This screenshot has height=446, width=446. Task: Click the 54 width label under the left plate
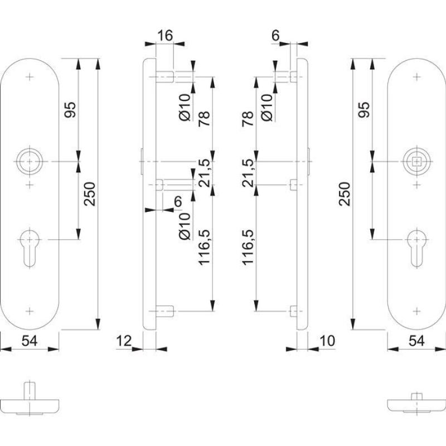30,340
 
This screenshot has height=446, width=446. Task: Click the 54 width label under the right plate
416,340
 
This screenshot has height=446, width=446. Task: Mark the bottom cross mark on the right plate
417,310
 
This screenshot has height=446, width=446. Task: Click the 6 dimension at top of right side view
275,35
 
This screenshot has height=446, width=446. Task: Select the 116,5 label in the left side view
205,246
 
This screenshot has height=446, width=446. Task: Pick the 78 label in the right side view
249,119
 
